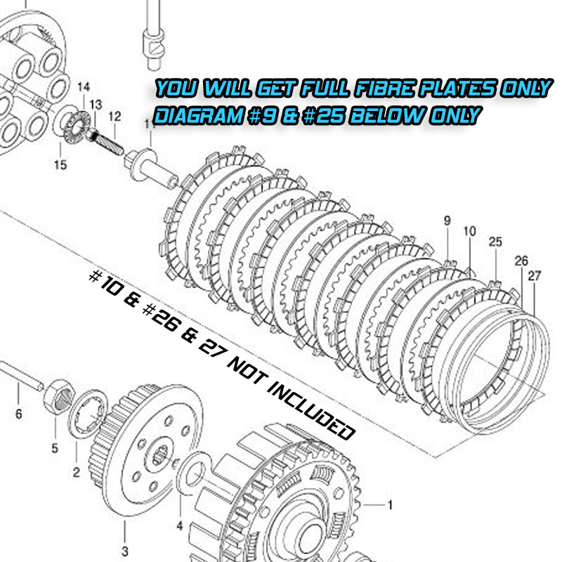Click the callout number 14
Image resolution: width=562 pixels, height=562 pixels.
(x=84, y=87)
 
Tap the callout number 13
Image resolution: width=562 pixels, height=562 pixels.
(x=96, y=105)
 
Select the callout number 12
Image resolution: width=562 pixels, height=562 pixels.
(x=115, y=117)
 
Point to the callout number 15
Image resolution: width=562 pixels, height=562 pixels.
(x=60, y=165)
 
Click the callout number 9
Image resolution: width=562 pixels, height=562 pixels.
(x=447, y=221)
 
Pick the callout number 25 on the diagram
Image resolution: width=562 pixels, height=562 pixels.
(x=495, y=242)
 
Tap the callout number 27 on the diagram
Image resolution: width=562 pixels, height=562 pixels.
(x=534, y=276)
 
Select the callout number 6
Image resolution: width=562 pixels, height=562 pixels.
(x=19, y=414)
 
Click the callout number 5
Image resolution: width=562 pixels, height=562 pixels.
(x=55, y=448)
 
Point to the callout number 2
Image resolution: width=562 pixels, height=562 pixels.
(x=77, y=472)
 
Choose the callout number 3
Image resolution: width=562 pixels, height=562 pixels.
(x=125, y=551)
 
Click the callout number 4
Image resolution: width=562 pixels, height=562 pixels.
(x=180, y=525)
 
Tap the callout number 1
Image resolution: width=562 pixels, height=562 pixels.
(x=390, y=505)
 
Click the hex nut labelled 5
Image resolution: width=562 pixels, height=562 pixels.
(x=59, y=397)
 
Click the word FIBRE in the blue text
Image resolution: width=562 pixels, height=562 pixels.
(x=385, y=89)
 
